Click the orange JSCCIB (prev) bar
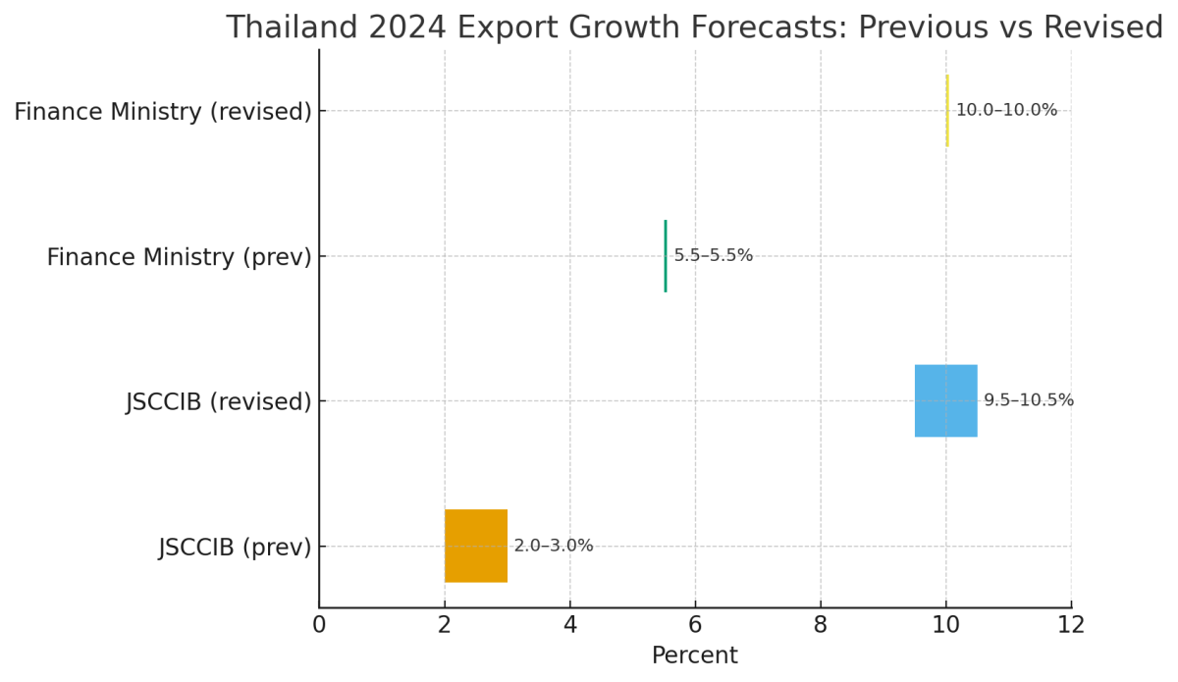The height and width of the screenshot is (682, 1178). click(x=476, y=546)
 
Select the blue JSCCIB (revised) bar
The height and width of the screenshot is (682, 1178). click(x=946, y=400)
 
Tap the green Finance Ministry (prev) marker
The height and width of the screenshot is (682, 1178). click(x=666, y=256)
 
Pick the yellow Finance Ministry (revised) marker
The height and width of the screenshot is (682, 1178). click(x=947, y=111)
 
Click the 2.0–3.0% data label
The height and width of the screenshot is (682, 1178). click(x=554, y=547)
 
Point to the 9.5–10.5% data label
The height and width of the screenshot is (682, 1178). click(x=1029, y=400)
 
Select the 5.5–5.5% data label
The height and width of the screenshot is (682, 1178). click(x=714, y=256)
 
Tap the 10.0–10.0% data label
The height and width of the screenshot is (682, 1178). click(x=1006, y=111)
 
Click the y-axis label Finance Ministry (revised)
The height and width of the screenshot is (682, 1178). click(x=163, y=112)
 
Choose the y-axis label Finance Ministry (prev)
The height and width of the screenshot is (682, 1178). click(x=180, y=257)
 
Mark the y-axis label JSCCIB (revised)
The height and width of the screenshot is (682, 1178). click(x=219, y=402)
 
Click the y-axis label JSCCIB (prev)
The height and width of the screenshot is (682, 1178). click(x=236, y=548)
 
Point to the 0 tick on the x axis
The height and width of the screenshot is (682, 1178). click(x=319, y=625)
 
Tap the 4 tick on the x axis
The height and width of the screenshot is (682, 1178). click(x=570, y=625)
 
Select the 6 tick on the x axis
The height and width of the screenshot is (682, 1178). click(x=695, y=625)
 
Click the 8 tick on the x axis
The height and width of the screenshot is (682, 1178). click(x=821, y=625)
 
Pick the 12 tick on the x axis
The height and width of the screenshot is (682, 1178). click(x=1071, y=625)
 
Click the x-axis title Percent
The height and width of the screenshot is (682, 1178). click(x=695, y=656)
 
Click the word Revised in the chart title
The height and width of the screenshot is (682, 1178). click(x=1108, y=28)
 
